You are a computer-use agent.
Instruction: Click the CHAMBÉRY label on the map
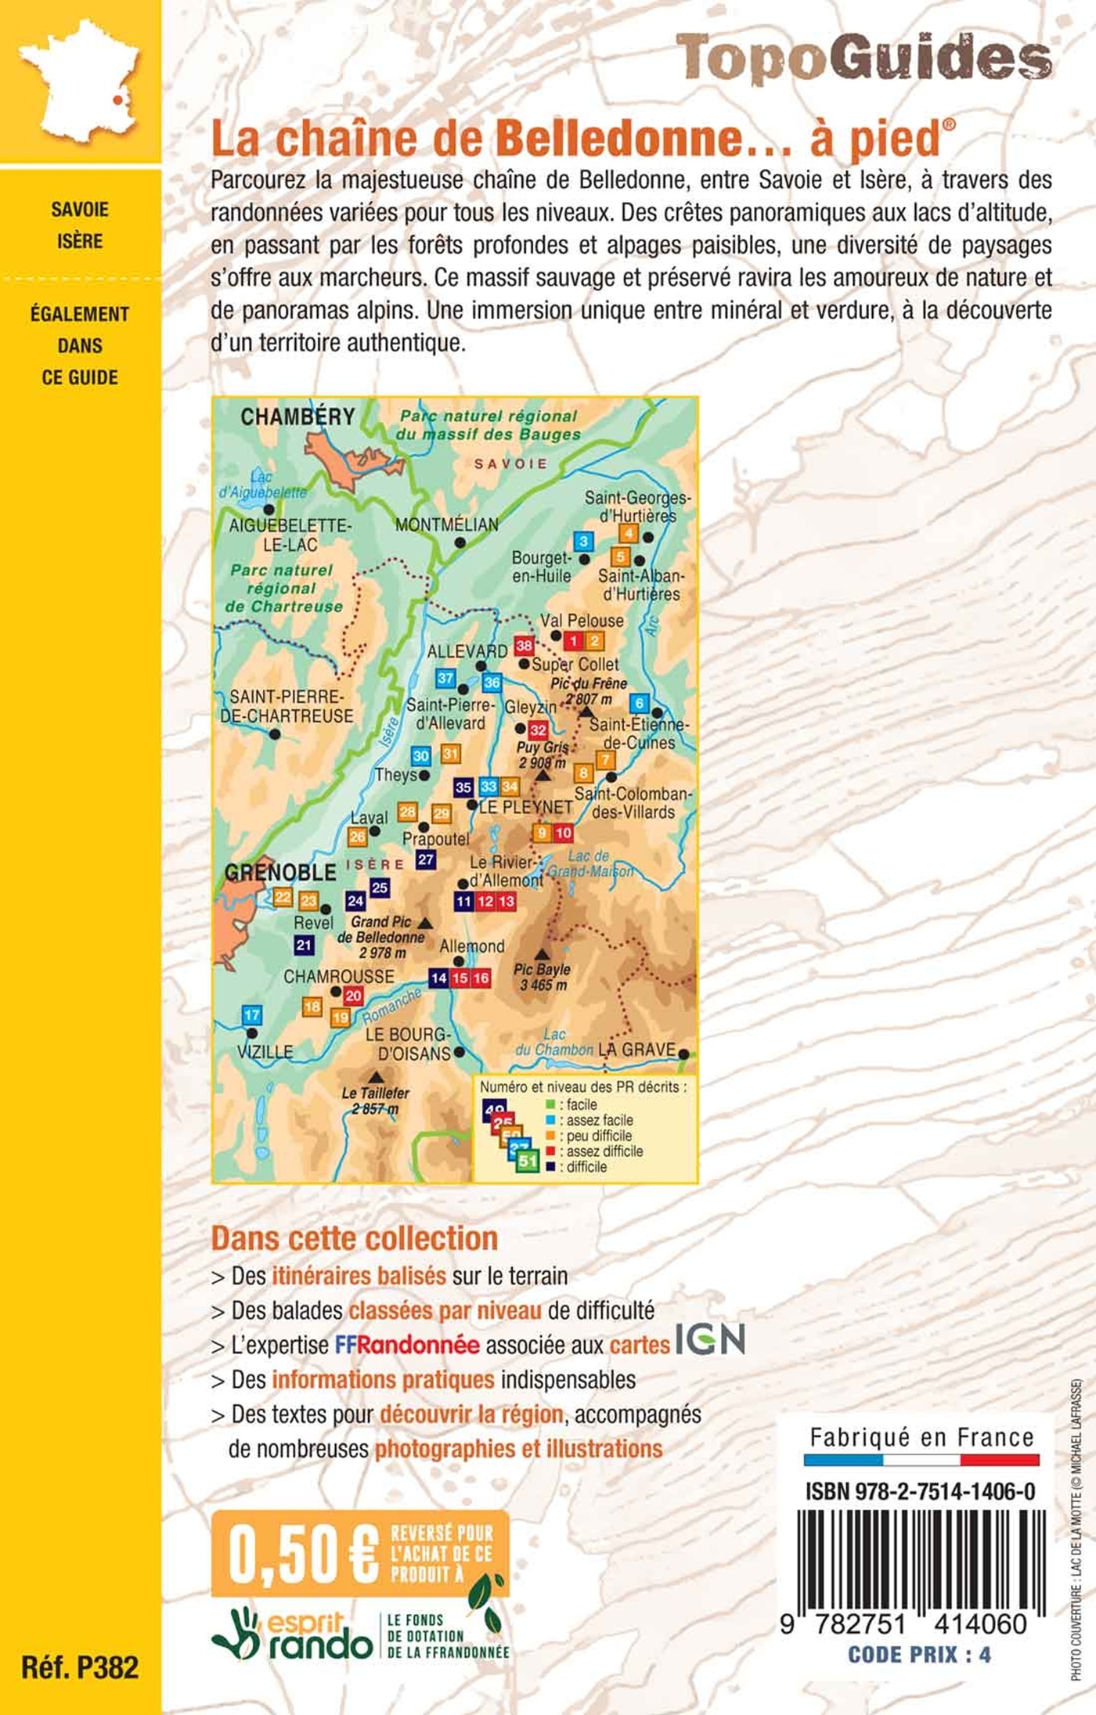click(x=297, y=416)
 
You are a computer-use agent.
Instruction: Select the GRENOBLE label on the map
click(x=280, y=872)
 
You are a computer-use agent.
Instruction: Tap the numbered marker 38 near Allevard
click(x=524, y=646)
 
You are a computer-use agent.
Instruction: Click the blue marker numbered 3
click(x=582, y=541)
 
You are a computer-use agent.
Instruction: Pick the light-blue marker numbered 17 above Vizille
click(x=251, y=1015)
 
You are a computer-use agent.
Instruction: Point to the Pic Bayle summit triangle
click(x=541, y=954)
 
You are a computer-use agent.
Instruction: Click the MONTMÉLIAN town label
click(x=446, y=524)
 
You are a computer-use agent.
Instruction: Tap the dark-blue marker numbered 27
click(x=425, y=859)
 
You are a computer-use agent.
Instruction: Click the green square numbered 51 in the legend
click(x=528, y=1161)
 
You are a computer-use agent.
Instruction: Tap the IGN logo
click(x=710, y=1339)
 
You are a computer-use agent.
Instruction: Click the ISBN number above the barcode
click(x=920, y=1492)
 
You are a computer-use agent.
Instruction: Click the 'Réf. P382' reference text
click(x=80, y=1667)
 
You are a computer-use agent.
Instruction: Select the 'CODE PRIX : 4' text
click(x=919, y=1655)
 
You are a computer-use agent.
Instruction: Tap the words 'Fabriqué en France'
click(x=921, y=1438)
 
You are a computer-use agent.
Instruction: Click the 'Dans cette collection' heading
click(x=355, y=1238)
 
